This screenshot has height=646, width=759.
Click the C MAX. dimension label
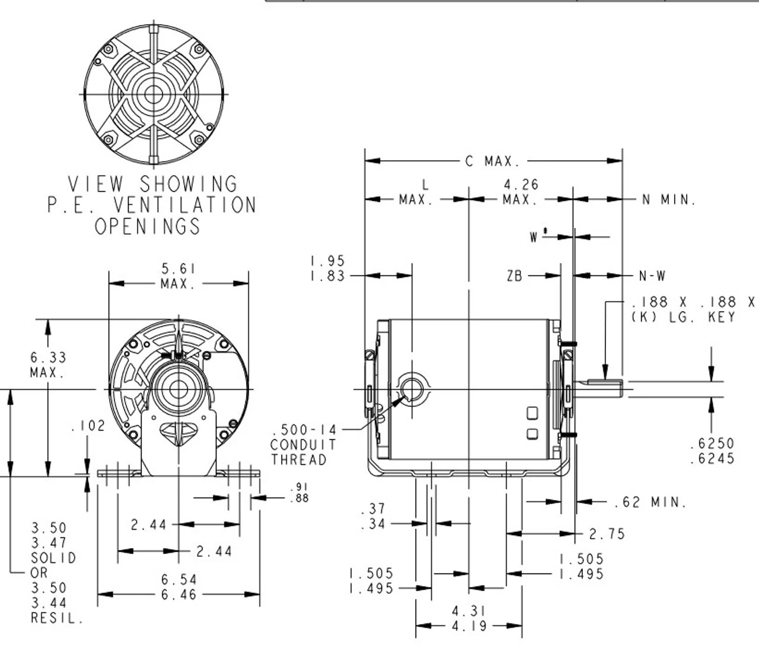click(x=492, y=161)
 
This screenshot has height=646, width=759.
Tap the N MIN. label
click(x=668, y=200)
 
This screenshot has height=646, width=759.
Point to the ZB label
click(x=515, y=275)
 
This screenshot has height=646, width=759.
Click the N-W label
click(x=652, y=275)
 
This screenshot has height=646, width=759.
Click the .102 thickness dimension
click(x=87, y=426)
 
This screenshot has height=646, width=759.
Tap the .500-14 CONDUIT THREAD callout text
click(x=303, y=445)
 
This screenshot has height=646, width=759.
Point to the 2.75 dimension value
click(x=607, y=534)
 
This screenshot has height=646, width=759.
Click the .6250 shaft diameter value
click(x=712, y=444)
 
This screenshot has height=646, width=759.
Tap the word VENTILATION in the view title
click(x=184, y=205)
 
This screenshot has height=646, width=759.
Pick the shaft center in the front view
click(x=178, y=389)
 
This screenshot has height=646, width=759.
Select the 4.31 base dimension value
click(x=468, y=611)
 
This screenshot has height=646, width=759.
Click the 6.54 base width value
click(x=178, y=579)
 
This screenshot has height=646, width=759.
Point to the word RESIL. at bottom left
click(x=57, y=619)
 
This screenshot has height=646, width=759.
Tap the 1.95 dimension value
click(x=327, y=261)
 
